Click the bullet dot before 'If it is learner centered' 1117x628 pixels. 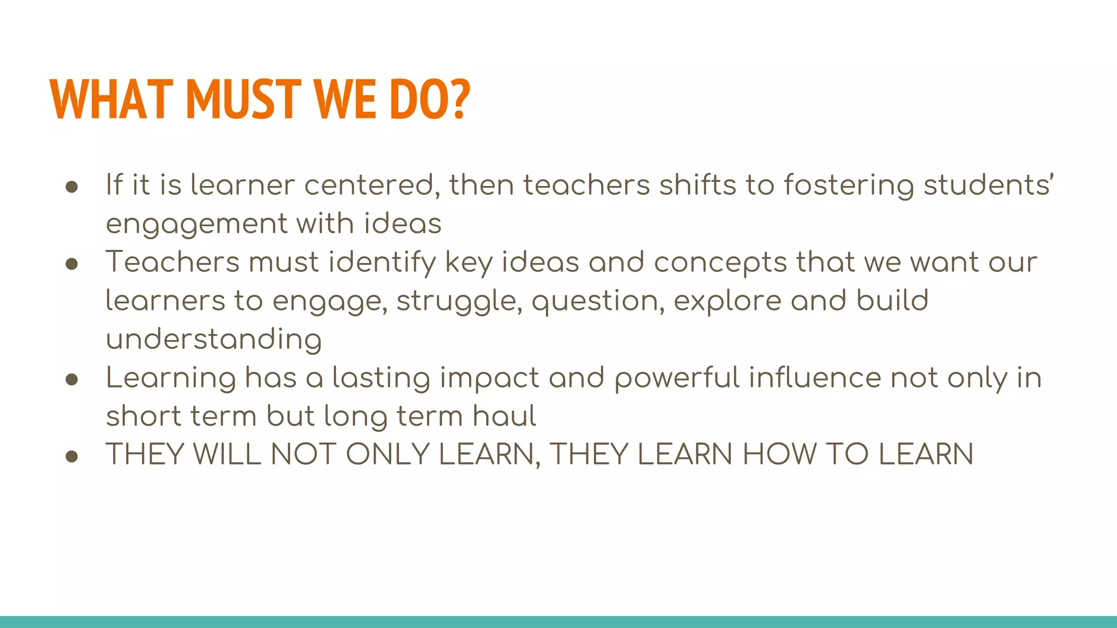[71, 187]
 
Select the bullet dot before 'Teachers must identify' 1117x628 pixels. [71, 264]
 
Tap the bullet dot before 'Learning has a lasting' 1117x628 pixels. [71, 379]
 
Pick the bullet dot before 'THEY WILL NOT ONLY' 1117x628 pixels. [71, 456]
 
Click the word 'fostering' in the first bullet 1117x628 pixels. [849, 185]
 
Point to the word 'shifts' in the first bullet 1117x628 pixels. [698, 185]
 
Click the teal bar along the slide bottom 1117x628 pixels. [558, 622]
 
